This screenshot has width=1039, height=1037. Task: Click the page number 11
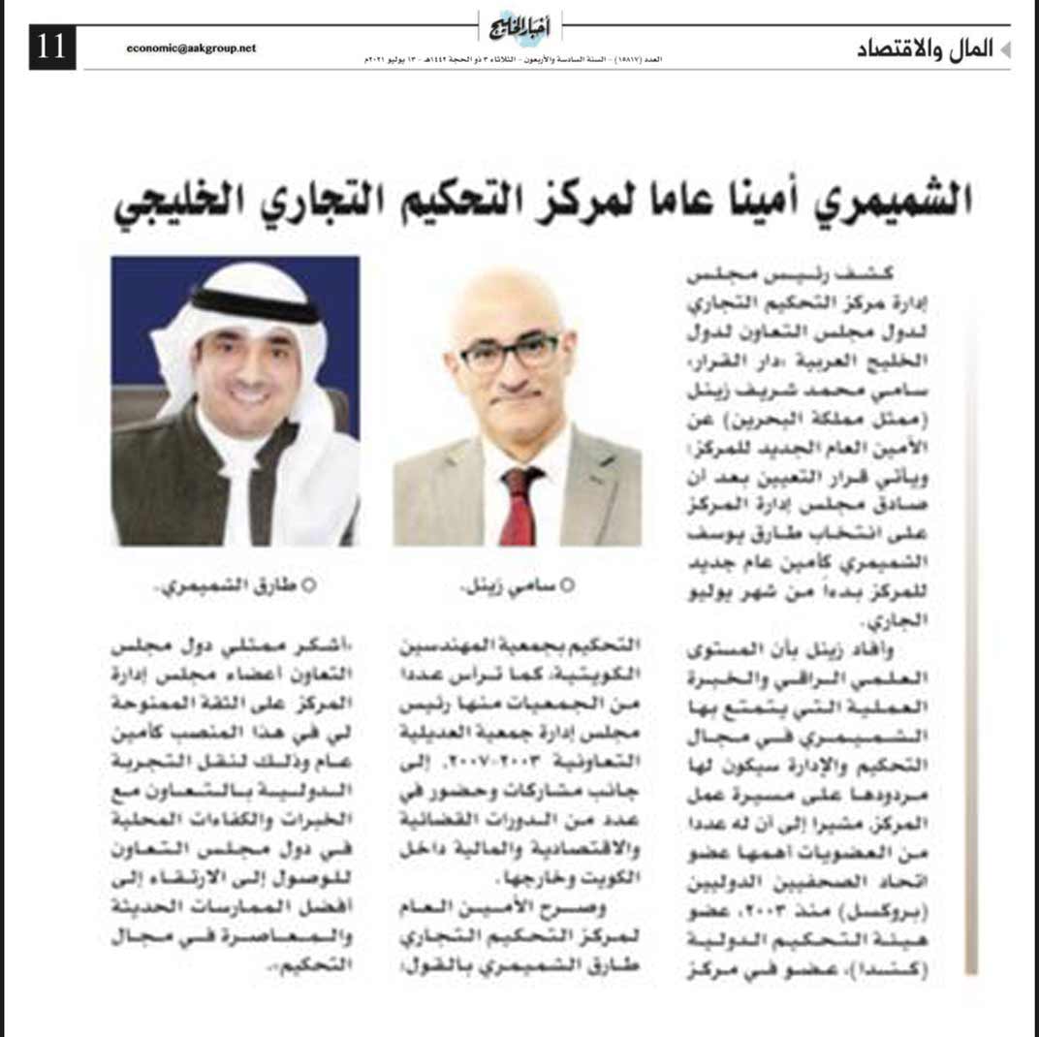point(52,47)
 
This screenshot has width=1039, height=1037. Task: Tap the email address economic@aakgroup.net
point(191,47)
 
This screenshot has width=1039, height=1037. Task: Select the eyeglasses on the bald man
point(508,353)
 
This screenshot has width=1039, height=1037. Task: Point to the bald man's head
point(504,300)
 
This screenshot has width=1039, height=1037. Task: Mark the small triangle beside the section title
point(1005,49)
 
